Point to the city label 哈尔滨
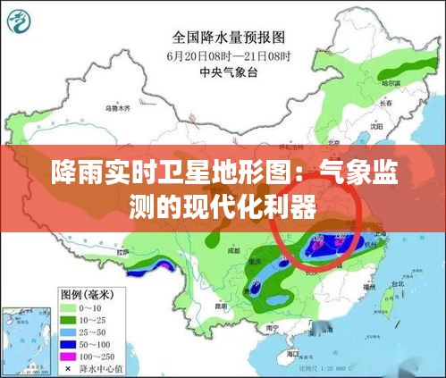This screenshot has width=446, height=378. click(390, 83)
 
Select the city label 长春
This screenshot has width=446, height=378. click(386, 104)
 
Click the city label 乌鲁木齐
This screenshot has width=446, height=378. click(117, 108)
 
